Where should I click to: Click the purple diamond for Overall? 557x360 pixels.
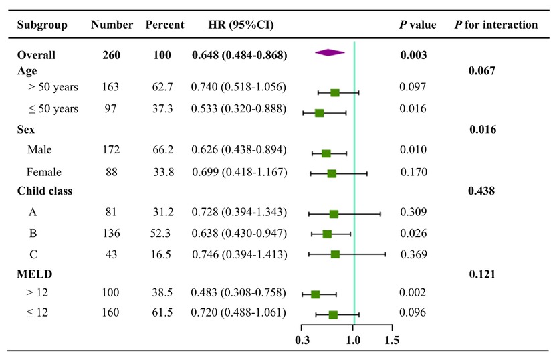(x=330, y=53)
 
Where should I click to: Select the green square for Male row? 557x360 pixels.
(x=326, y=153)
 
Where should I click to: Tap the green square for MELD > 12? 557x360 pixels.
(x=316, y=294)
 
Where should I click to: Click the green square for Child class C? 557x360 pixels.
(x=335, y=254)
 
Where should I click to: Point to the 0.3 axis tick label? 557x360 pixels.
(x=302, y=339)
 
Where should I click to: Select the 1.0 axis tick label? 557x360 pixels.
(x=353, y=339)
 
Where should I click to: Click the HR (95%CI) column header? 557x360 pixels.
(x=241, y=25)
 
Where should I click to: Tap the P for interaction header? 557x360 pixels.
(x=495, y=25)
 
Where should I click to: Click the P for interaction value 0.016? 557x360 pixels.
(x=482, y=130)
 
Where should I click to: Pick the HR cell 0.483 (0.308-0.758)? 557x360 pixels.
(x=239, y=293)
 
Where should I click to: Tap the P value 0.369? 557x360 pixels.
(x=413, y=254)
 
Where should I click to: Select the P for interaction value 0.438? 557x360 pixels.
(x=482, y=191)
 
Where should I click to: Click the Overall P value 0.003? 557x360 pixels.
(x=413, y=56)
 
